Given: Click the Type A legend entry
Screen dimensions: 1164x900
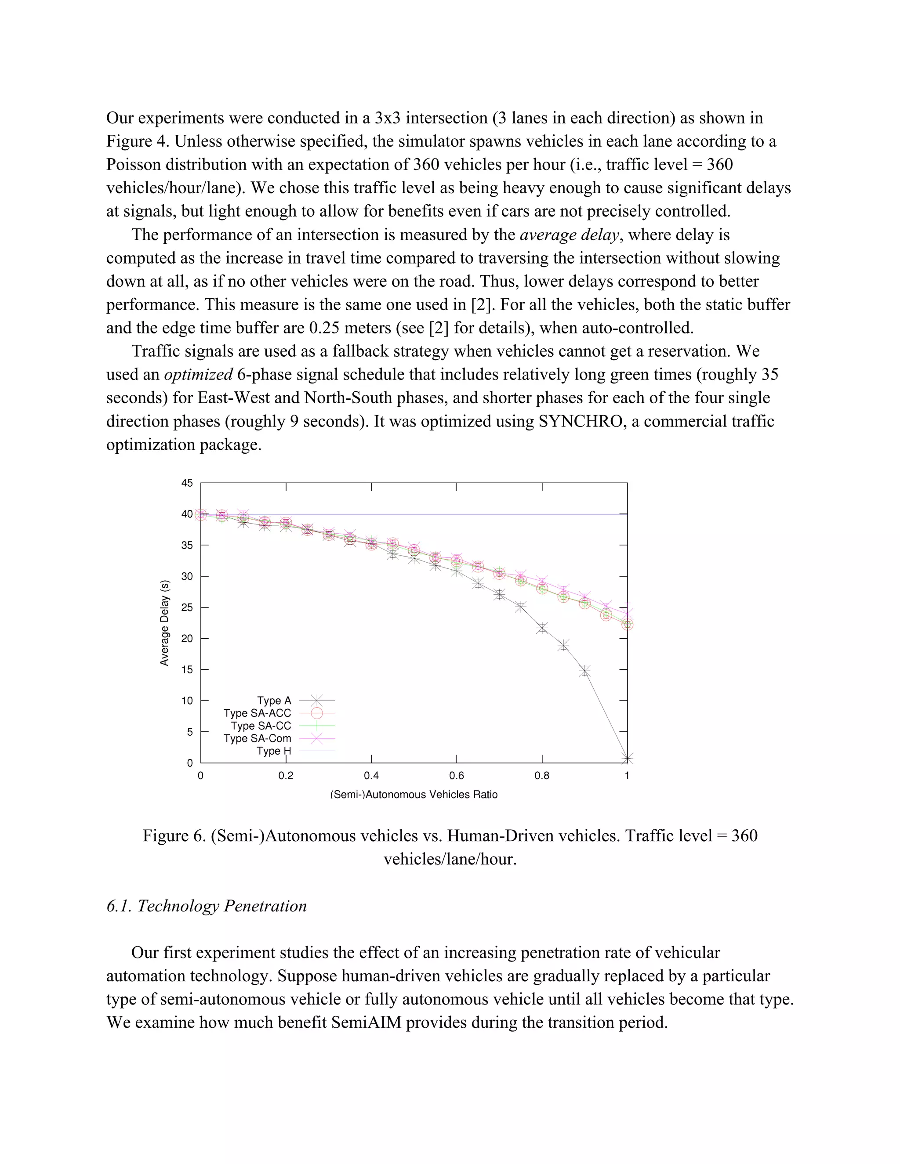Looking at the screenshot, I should tap(275, 700).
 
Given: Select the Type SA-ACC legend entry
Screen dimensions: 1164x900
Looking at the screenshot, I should tap(258, 713).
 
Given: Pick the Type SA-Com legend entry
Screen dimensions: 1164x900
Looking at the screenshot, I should tap(258, 738).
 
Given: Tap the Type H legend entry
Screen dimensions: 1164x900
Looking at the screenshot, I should tap(274, 751).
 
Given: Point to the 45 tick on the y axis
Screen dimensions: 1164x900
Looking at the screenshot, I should tap(187, 483).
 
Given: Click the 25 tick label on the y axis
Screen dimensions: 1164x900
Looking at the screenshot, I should tap(187, 607).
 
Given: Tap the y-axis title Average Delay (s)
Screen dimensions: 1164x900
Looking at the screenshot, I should tap(164, 622).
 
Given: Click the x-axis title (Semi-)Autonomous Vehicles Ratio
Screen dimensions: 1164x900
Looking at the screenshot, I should tap(414, 795).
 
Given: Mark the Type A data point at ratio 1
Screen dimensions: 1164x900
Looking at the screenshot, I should tap(627, 758).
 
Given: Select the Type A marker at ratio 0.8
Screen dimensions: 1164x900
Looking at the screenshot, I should tap(542, 628).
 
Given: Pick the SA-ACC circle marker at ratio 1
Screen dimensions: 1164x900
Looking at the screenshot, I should tap(627, 624).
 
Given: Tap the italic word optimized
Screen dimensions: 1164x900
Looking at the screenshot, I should tap(198, 375).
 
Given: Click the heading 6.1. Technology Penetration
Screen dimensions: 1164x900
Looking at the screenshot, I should tap(207, 906).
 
